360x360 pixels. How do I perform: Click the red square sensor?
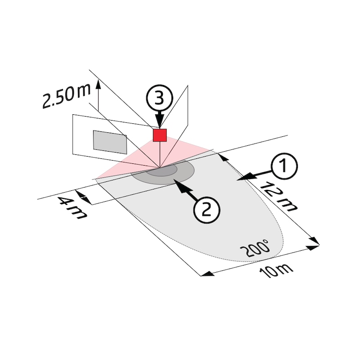(160, 135)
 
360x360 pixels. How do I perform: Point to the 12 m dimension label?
(280, 196)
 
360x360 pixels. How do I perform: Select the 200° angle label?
(255, 248)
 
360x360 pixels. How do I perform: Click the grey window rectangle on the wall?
(110, 141)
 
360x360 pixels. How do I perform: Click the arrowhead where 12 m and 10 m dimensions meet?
(314, 245)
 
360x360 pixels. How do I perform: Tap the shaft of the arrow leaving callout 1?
(259, 174)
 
